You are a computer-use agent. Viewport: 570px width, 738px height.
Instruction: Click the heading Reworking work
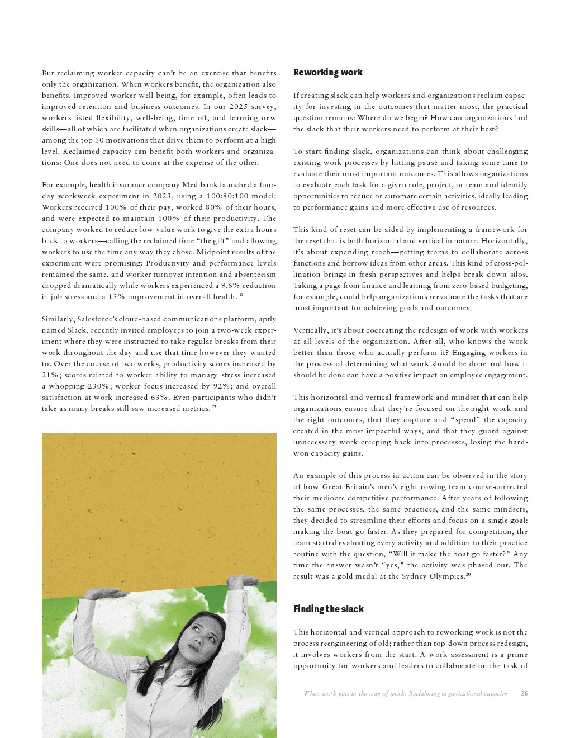pyautogui.click(x=327, y=73)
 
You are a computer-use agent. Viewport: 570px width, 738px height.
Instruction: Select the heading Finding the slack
pyautogui.click(x=328, y=609)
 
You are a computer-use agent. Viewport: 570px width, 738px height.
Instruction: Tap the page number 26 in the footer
pyautogui.click(x=524, y=694)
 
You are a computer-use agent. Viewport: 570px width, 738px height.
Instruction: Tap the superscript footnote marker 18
pyautogui.click(x=240, y=295)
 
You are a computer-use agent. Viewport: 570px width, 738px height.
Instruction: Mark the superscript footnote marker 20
pyautogui.click(x=468, y=574)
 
